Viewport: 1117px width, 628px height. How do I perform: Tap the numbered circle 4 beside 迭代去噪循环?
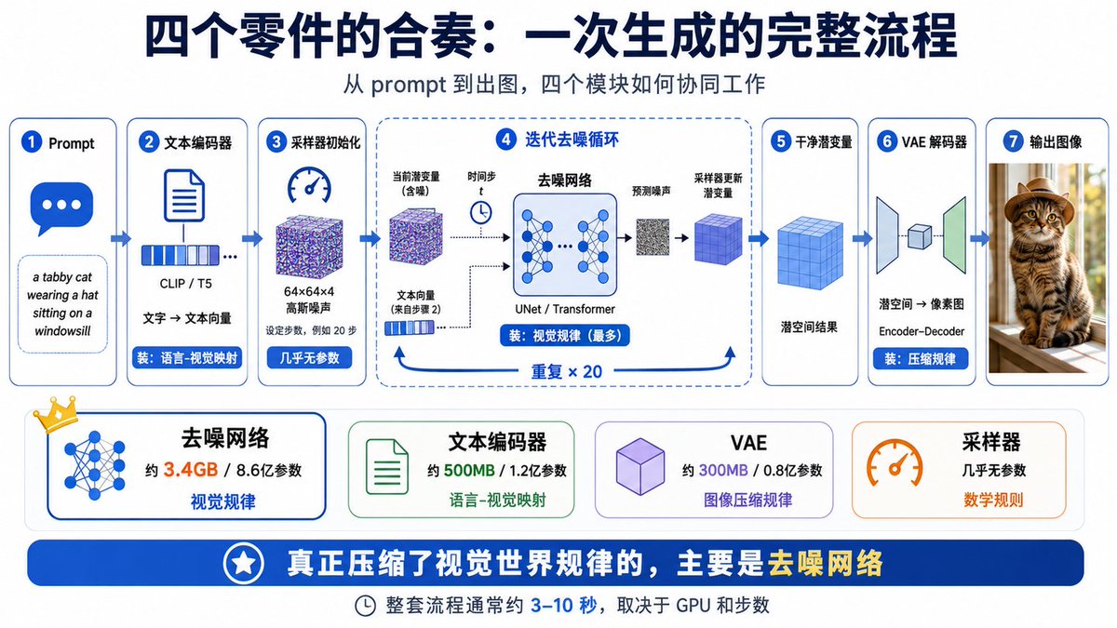pyautogui.click(x=506, y=140)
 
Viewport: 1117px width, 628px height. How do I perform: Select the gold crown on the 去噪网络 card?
pyautogui.click(x=56, y=414)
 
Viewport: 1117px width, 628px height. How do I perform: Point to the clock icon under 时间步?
pyautogui.click(x=480, y=213)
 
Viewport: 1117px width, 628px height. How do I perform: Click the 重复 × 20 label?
pyautogui.click(x=567, y=372)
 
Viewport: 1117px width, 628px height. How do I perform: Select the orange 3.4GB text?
pyautogui.click(x=191, y=470)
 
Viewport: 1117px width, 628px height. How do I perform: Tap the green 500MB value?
pyautogui.click(x=469, y=470)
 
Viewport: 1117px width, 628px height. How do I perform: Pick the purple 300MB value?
pyautogui.click(x=723, y=470)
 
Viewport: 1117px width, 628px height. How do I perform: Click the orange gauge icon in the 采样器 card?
pyautogui.click(x=895, y=461)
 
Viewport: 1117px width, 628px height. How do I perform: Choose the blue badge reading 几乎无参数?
pyautogui.click(x=309, y=358)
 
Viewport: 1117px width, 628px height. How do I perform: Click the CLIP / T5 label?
pyautogui.click(x=185, y=284)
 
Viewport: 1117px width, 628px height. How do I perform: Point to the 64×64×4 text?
pyautogui.click(x=309, y=291)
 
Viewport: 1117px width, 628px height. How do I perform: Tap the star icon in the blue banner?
pyautogui.click(x=243, y=563)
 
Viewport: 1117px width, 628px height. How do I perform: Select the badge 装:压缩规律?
pyautogui.click(x=920, y=359)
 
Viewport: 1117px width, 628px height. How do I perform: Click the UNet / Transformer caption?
pyautogui.click(x=564, y=309)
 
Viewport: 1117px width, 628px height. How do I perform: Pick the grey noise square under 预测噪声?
pyautogui.click(x=653, y=237)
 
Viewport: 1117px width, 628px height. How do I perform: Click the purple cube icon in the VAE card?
pyautogui.click(x=640, y=466)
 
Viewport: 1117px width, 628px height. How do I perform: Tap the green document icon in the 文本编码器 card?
pyautogui.click(x=387, y=466)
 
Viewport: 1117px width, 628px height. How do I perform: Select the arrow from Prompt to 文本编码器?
pyautogui.click(x=120, y=239)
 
